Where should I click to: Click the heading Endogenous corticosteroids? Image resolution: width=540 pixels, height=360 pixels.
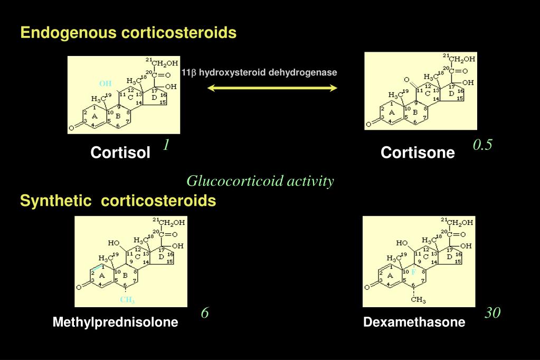click(128, 33)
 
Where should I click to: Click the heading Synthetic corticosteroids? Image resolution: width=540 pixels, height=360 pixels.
click(118, 201)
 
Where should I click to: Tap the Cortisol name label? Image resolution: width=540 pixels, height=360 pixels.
click(120, 153)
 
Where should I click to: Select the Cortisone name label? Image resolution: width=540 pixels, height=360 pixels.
click(418, 153)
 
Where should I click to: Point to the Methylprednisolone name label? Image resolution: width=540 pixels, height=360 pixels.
click(115, 322)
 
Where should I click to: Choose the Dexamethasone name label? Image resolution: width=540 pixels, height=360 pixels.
click(414, 322)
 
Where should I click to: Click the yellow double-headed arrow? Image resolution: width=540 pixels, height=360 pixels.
click(272, 88)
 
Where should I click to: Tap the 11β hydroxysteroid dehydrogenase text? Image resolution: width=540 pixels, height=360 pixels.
click(259, 72)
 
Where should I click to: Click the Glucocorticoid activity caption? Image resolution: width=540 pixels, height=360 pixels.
click(260, 182)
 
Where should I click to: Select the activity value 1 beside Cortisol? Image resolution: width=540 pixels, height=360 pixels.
click(166, 145)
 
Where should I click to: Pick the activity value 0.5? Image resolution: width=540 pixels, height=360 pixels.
click(482, 145)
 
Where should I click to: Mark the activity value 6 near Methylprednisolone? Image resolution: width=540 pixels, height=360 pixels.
click(205, 313)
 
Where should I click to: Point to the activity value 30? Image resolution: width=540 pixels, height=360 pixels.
click(492, 313)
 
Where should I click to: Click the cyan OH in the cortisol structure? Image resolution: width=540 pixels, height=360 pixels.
click(106, 83)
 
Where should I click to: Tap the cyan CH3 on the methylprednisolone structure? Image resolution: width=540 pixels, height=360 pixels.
click(127, 300)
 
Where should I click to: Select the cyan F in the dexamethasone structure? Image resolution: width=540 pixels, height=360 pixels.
click(413, 272)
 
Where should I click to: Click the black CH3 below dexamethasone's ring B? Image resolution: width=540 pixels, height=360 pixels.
click(418, 300)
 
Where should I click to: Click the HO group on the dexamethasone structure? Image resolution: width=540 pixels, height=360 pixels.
click(402, 243)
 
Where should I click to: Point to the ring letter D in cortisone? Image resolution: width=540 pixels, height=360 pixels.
click(451, 93)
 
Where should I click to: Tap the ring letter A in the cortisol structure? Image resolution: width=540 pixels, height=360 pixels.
click(94, 116)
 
